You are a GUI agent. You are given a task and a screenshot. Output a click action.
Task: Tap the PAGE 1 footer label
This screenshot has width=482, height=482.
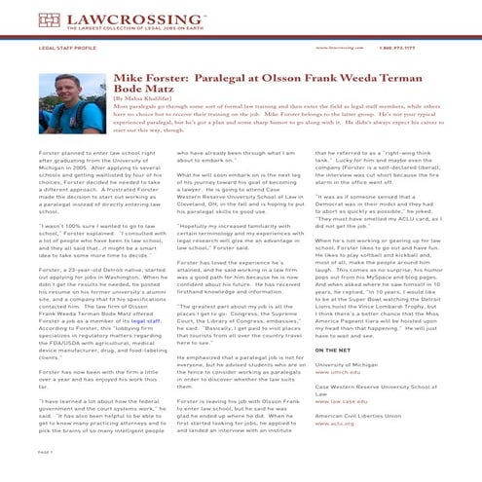point(46,452)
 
